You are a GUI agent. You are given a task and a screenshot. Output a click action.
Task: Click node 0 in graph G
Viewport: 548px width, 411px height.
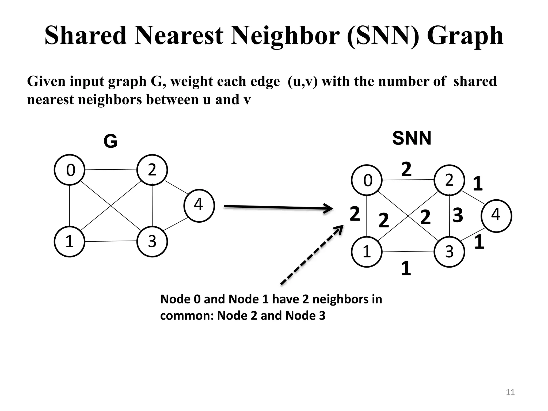pyautogui.click(x=70, y=170)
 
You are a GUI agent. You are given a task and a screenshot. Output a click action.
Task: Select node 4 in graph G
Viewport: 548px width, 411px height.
pyautogui.click(x=199, y=205)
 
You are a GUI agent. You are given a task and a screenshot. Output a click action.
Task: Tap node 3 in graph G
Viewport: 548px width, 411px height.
pyautogui.click(x=152, y=241)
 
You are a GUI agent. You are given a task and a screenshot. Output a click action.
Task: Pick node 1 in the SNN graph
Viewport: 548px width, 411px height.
pyautogui.click(x=367, y=252)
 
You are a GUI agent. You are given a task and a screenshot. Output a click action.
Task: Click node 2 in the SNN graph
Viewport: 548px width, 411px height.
pyautogui.click(x=449, y=180)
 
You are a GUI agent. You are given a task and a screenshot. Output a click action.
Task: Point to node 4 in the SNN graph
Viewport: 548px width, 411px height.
pyautogui.click(x=496, y=216)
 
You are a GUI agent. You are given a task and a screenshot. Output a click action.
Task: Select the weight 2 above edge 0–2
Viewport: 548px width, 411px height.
pyautogui.click(x=406, y=169)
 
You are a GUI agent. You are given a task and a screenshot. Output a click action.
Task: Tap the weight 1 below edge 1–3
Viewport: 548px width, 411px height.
pyautogui.click(x=406, y=269)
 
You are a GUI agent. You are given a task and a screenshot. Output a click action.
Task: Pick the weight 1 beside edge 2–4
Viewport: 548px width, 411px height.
pyautogui.click(x=478, y=184)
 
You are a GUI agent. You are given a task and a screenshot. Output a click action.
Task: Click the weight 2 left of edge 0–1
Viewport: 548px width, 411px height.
pyautogui.click(x=355, y=214)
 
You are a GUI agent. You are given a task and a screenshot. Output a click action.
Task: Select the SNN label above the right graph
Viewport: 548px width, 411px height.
pyautogui.click(x=412, y=138)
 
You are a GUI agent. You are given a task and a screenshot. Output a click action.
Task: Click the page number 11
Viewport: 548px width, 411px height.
pyautogui.click(x=510, y=392)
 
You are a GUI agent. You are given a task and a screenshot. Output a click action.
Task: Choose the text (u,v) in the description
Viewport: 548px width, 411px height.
pyautogui.click(x=303, y=81)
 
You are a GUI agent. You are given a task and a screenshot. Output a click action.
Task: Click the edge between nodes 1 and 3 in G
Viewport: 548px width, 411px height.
pyautogui.click(x=111, y=241)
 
